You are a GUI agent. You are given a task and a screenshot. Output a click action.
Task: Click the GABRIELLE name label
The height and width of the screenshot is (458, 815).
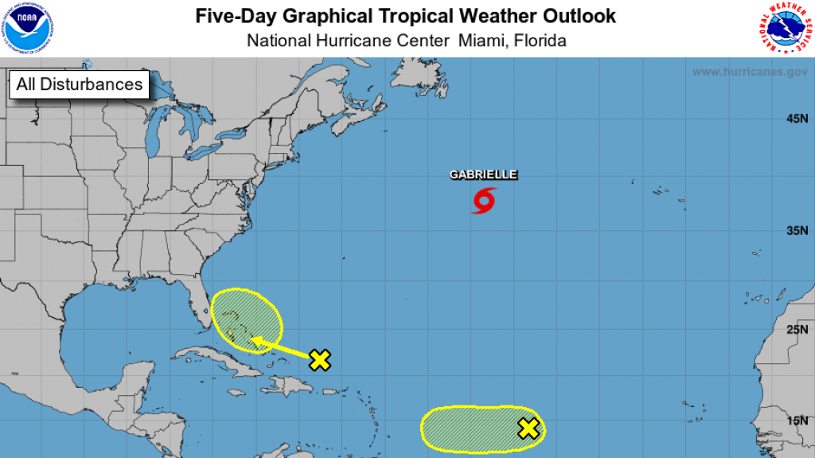[484, 174]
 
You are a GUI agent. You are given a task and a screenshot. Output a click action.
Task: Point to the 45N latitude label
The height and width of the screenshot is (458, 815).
[797, 119]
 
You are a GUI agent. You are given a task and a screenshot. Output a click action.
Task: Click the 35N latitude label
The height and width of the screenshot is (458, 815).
[797, 231]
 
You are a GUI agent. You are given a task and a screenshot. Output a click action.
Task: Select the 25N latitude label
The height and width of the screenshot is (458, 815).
[797, 329]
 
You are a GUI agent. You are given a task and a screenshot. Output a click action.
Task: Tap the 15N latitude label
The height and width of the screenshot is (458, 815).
[797, 421]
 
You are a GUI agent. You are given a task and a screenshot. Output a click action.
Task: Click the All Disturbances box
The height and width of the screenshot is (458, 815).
[80, 84]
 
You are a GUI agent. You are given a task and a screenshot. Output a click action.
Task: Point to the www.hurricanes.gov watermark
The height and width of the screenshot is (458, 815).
[749, 72]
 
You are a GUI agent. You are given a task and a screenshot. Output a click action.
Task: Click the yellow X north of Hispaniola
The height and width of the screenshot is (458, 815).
[319, 360]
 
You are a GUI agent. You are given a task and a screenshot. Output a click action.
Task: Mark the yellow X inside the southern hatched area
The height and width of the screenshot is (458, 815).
[528, 429]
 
